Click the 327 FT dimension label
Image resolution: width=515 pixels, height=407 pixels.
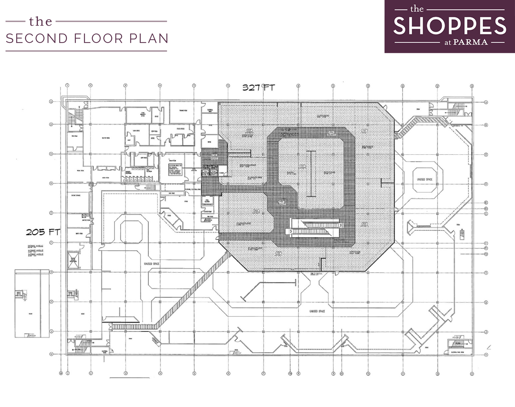(258, 88)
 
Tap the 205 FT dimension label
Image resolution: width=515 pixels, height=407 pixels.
(43, 232)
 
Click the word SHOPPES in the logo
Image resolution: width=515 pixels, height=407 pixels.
(449, 26)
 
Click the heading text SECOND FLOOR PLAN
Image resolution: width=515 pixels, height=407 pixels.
(87, 39)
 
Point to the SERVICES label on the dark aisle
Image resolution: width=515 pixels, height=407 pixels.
(290, 134)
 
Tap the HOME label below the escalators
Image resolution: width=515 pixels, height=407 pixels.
(339, 240)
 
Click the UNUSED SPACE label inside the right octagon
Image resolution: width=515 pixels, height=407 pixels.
(424, 179)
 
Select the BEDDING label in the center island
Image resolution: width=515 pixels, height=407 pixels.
(329, 173)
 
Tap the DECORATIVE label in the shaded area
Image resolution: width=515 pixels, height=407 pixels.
(248, 166)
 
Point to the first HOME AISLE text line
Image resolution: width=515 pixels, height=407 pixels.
(36, 247)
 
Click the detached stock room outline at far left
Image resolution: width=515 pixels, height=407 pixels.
(32, 303)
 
